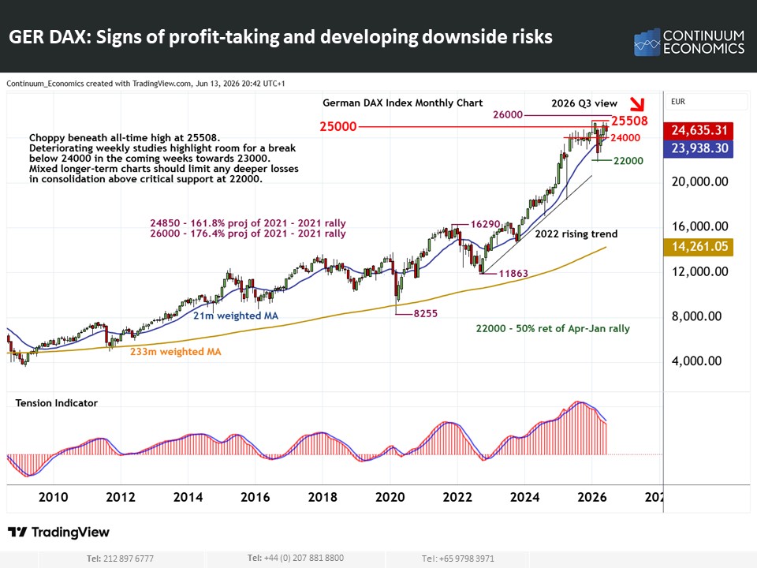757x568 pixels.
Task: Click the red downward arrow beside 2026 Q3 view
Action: pos(637,103)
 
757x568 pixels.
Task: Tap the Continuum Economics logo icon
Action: pos(647,42)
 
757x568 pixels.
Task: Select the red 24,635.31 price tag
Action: pos(699,130)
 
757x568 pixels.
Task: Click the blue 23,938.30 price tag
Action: pos(699,148)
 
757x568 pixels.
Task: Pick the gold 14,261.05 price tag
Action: pos(699,247)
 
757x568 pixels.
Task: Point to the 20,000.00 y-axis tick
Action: pos(700,181)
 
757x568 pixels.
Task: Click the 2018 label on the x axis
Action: pos(323,497)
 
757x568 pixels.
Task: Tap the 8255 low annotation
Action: pos(425,313)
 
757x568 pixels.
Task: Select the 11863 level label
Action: pos(513,274)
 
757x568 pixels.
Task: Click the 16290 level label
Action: pos(485,224)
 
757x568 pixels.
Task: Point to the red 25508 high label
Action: pos(629,121)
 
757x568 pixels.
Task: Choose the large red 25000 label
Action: pos(338,126)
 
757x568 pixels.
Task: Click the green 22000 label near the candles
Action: pos(628,161)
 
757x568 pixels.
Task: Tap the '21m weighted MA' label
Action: pos(236,316)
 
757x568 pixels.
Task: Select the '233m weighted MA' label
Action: pos(176,352)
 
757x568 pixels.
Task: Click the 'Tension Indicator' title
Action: pos(57,403)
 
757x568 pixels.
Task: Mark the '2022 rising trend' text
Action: pos(576,234)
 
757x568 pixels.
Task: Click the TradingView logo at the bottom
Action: pos(59,532)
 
